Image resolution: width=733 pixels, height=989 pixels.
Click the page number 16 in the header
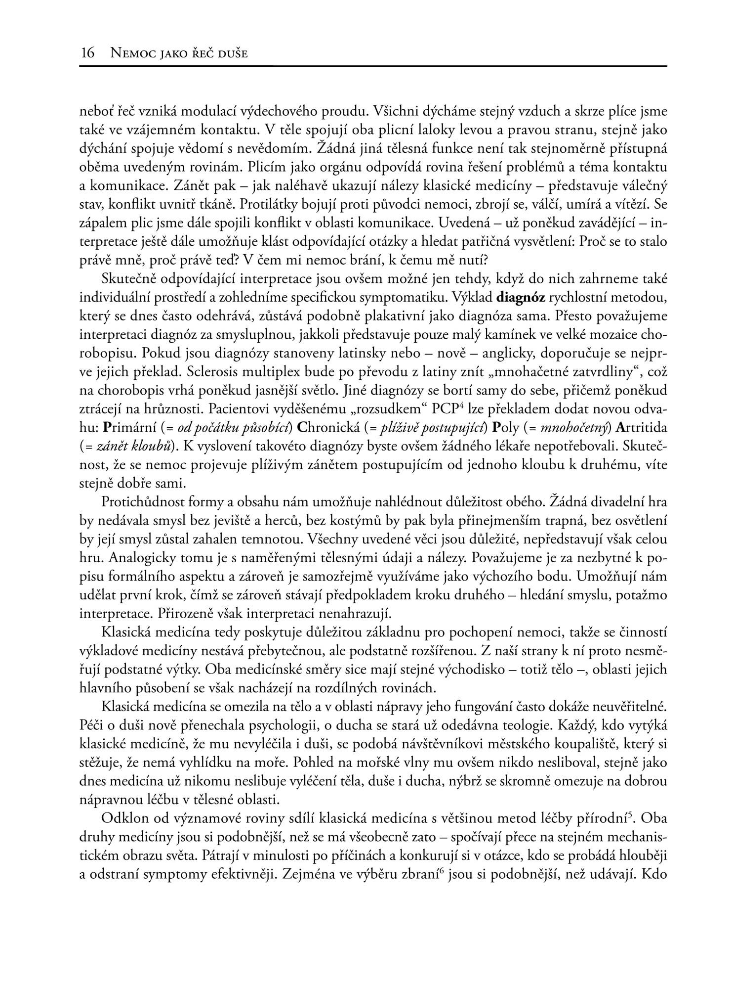87,53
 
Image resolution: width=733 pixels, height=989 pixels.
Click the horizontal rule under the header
373,66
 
